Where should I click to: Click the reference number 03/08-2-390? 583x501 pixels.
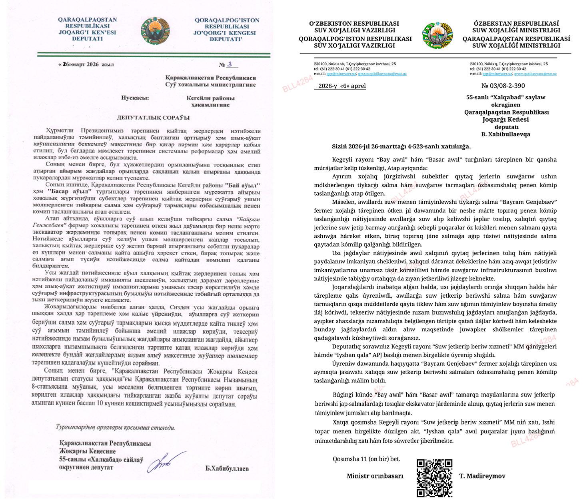pyautogui.click(x=503, y=86)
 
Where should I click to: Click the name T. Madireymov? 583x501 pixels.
pyautogui.click(x=482, y=476)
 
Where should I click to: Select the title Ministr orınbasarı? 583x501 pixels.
pyautogui.click(x=375, y=476)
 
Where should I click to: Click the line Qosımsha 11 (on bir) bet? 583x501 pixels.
pyautogui.click(x=366, y=459)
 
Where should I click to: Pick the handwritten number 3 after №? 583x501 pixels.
pyautogui.click(x=230, y=64)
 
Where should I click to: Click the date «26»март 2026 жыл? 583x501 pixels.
pyautogui.click(x=86, y=65)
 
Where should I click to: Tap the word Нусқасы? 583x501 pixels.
pyautogui.click(x=135, y=98)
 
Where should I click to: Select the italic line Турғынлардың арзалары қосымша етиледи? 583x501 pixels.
pyautogui.click(x=115, y=427)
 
